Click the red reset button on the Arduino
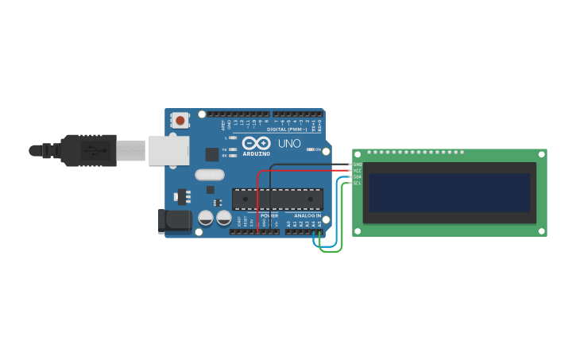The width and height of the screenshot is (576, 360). tap(180, 121)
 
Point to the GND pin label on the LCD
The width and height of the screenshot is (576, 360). tap(358, 165)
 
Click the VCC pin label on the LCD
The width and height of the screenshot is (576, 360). tap(358, 171)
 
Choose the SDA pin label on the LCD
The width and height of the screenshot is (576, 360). tap(358, 177)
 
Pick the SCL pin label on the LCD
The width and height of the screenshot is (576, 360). tap(358, 184)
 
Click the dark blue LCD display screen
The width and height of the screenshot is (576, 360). tap(449, 193)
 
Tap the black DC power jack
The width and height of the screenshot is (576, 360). tap(176, 221)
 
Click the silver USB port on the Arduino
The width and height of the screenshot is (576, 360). tap(168, 149)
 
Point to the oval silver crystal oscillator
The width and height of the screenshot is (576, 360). tap(209, 175)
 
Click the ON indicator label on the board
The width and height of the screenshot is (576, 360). tap(318, 149)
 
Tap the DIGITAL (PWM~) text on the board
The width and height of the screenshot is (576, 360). tap(285, 129)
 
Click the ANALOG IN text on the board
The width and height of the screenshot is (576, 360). tap(307, 216)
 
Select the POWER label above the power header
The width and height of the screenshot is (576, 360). tap(269, 216)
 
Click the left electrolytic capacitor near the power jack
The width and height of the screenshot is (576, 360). tap(206, 217)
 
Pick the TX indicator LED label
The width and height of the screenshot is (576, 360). tap(225, 149)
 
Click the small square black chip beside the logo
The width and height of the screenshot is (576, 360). tap(212, 154)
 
